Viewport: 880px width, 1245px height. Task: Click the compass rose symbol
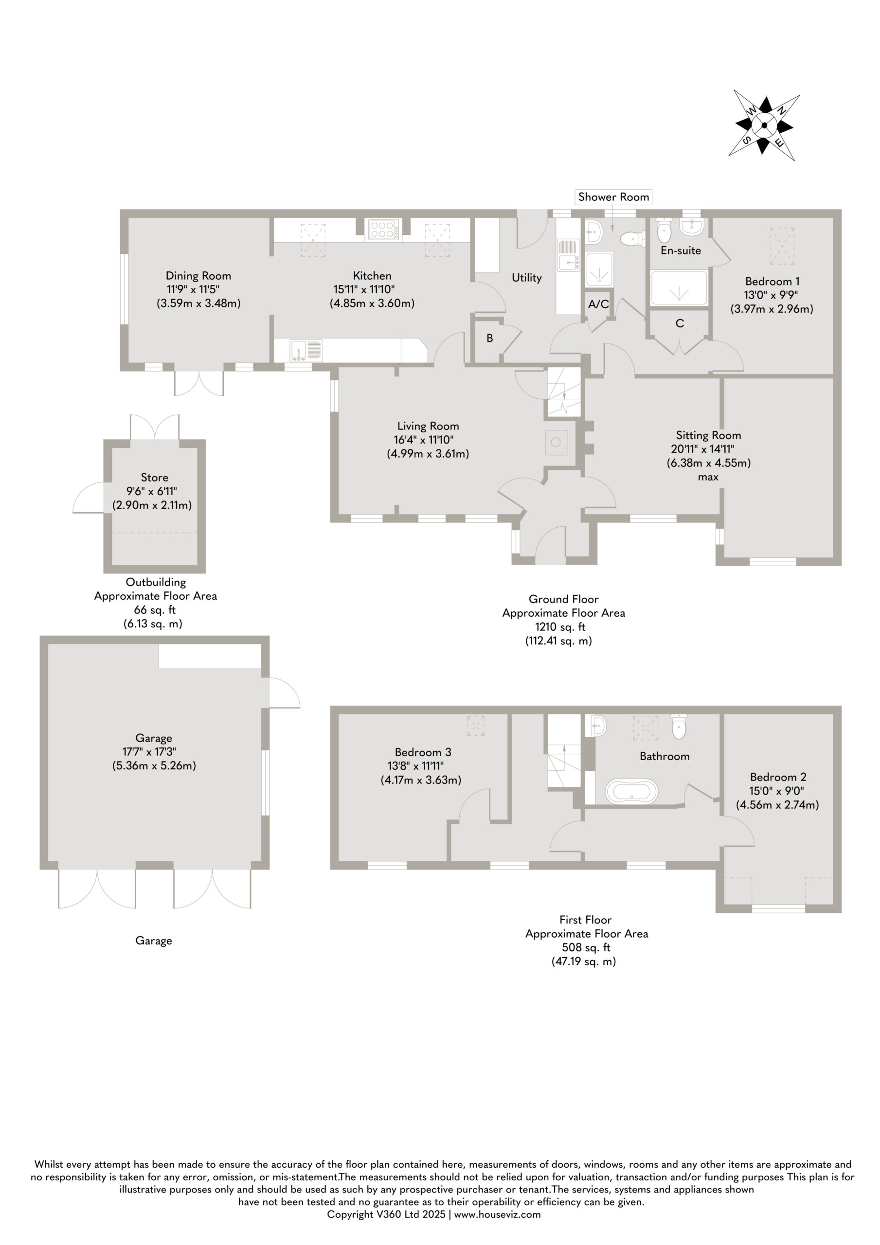click(764, 125)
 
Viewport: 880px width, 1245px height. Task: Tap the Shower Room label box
click(613, 197)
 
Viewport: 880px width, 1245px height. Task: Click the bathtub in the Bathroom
click(631, 792)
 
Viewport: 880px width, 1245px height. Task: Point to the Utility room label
click(527, 278)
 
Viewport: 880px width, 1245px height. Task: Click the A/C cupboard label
click(598, 304)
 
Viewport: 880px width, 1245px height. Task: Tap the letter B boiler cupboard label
click(490, 338)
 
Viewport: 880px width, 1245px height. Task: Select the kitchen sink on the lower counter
click(306, 350)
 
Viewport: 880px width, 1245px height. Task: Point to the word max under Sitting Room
click(708, 477)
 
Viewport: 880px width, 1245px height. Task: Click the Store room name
click(155, 478)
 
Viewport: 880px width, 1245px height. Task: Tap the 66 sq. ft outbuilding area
click(155, 610)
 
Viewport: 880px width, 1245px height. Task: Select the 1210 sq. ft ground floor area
click(560, 627)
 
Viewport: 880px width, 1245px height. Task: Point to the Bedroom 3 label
click(423, 752)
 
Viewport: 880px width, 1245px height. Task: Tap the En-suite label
click(681, 250)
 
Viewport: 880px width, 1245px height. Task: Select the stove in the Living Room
click(556, 443)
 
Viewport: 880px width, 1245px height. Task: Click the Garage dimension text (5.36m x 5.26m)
click(154, 765)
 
